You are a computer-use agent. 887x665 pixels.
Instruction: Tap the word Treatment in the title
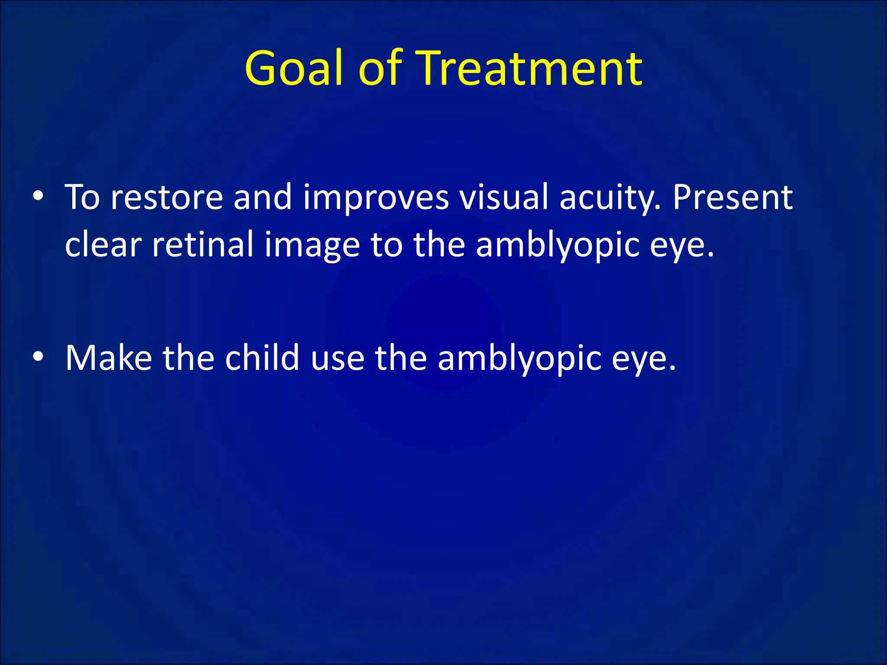pos(531,68)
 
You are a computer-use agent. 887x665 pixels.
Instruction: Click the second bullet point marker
pos(38,357)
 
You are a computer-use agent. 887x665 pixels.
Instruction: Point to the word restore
pos(167,198)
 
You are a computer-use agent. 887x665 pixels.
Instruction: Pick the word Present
pos(732,198)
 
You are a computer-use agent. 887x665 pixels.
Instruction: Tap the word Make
pos(109,358)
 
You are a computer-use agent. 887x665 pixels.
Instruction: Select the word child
pos(262,358)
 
